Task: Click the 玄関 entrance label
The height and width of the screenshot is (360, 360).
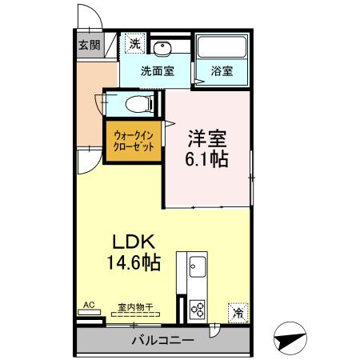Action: pos(90,45)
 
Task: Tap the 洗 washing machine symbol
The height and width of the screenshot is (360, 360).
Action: pos(135,43)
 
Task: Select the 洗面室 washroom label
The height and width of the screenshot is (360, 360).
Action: pos(157,70)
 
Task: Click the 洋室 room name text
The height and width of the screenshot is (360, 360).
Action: pos(207,137)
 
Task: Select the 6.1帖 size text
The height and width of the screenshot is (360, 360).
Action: pos(207,158)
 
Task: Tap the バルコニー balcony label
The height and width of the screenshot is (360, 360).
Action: pos(162,340)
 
